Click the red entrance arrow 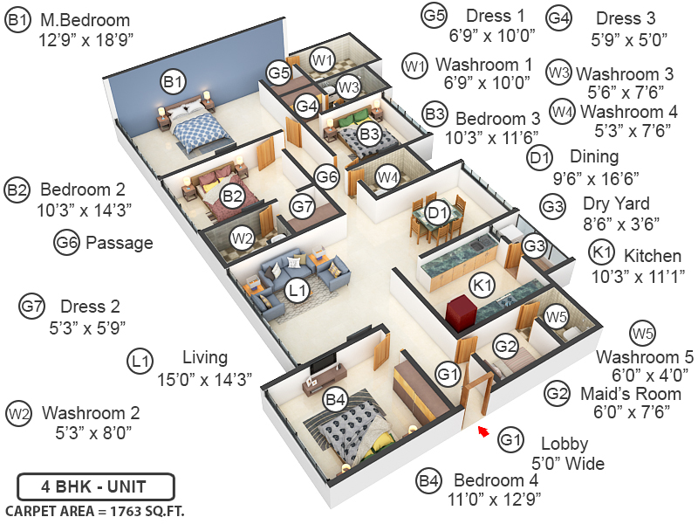click(x=483, y=430)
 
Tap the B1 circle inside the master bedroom click(x=173, y=82)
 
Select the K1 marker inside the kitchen click(x=482, y=285)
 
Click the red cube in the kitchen click(x=460, y=310)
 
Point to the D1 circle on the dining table click(x=438, y=212)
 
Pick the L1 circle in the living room click(x=298, y=289)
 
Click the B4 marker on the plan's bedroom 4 click(x=336, y=401)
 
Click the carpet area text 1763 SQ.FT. click(x=95, y=510)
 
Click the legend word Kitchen click(x=652, y=256)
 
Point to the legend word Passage click(x=119, y=243)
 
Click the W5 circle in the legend click(x=642, y=333)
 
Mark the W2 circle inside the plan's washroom click(x=242, y=238)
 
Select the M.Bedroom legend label click(x=85, y=20)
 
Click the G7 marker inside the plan click(x=302, y=208)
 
